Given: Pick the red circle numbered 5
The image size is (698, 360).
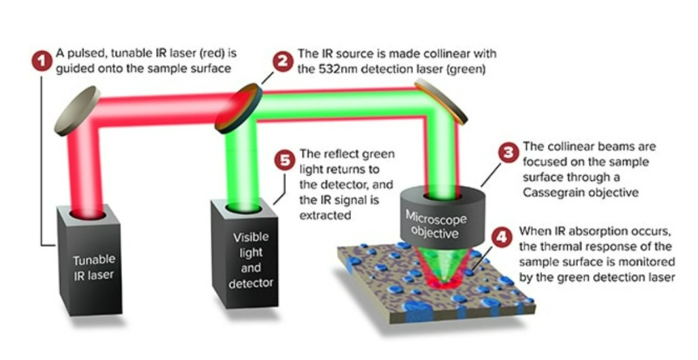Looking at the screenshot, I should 283,162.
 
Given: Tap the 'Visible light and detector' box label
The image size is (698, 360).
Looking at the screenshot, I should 251,260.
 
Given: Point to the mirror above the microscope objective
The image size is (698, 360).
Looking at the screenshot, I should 441,102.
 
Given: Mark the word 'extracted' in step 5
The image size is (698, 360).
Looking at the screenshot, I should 325,215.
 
